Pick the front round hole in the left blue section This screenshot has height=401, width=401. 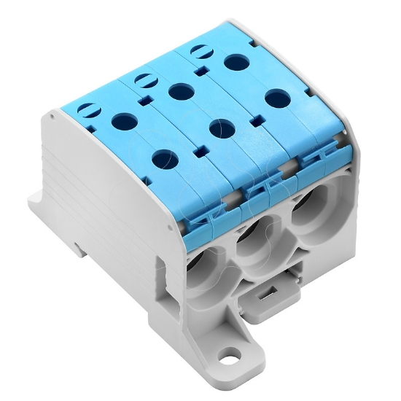click(164, 157)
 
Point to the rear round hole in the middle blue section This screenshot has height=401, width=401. click(177, 92)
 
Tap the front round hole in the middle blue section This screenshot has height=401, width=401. click(218, 128)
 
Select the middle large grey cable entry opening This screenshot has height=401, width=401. click(256, 240)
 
